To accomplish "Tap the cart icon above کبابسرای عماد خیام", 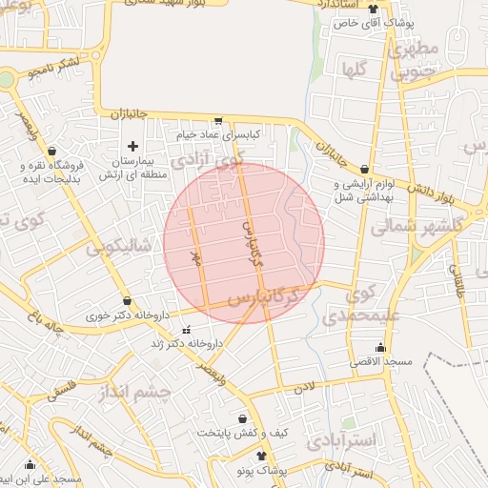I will tap(219, 121).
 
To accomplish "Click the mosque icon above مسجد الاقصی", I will tap(381, 347).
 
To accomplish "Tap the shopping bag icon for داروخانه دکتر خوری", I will tap(127, 300).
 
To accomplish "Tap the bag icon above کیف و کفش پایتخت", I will tap(242, 417).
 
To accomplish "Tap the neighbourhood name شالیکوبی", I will tap(118, 247).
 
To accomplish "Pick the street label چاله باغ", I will tap(45, 324).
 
